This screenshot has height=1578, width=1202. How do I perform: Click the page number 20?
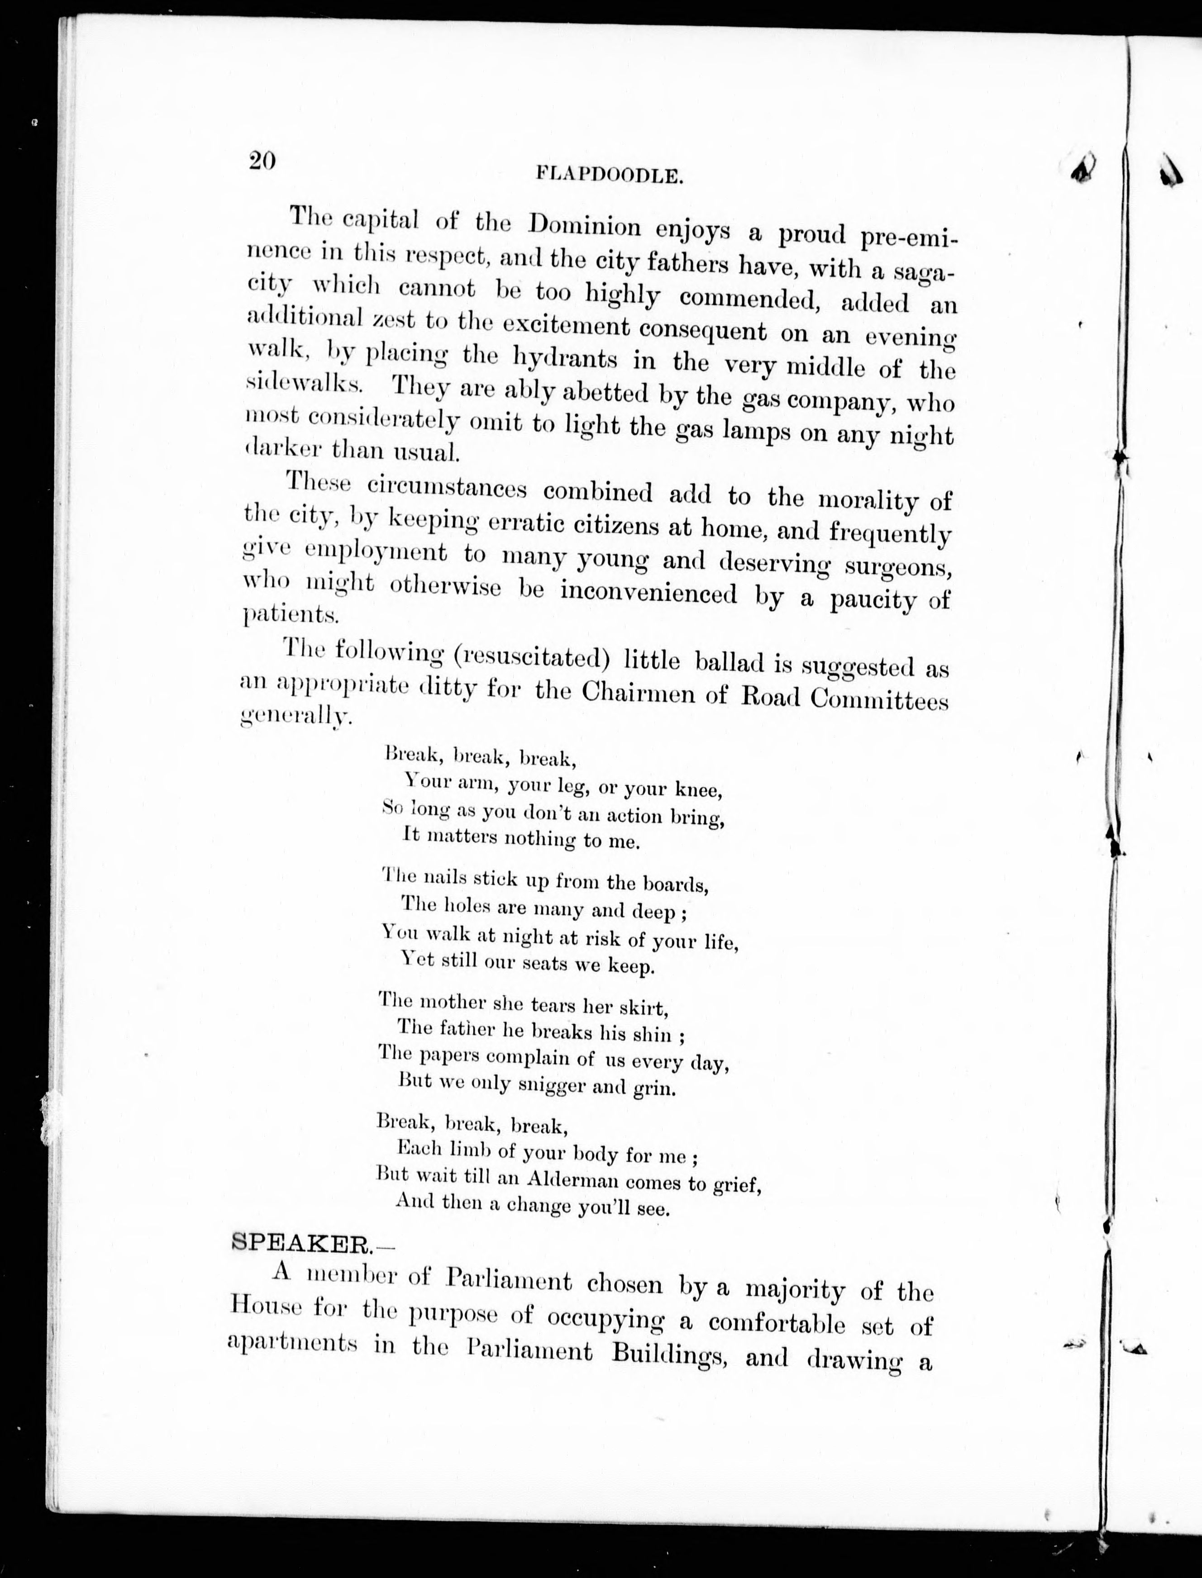pos(262,161)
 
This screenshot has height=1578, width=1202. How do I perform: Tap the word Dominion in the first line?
pos(585,226)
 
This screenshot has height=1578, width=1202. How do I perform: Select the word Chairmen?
pos(638,693)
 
